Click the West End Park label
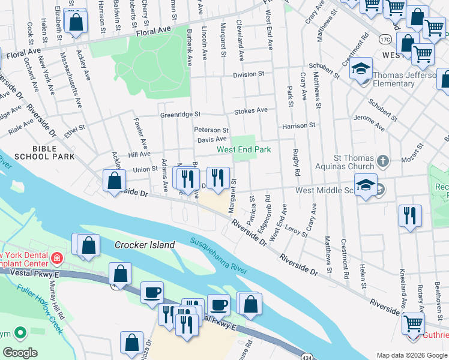pyautogui.click(x=244, y=149)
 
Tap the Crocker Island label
pyautogui.click(x=145, y=245)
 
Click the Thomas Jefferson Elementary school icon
pyautogui.click(x=361, y=69)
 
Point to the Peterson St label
pyautogui.click(x=211, y=130)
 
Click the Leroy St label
pyautogui.click(x=297, y=231)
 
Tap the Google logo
pyautogui.click(x=19, y=353)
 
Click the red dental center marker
pyautogui.click(x=56, y=259)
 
